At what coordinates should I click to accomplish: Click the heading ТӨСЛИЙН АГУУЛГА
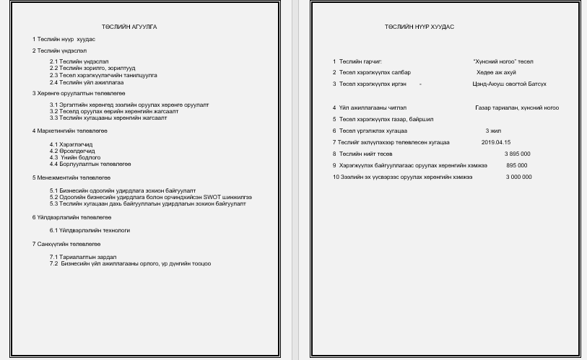coord(129,27)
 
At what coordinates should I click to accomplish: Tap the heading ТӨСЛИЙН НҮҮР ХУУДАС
coord(419,27)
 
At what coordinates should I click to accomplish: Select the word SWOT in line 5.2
coord(213,197)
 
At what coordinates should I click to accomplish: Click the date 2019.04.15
coord(495,142)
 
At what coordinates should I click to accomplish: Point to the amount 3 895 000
coord(517,154)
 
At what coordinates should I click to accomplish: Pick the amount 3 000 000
coord(518,177)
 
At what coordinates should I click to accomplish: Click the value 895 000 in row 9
coord(516,165)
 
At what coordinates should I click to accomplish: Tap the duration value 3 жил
coord(493,131)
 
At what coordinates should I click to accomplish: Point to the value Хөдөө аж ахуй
coord(496,72)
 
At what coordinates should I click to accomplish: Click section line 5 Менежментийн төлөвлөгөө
coord(71,177)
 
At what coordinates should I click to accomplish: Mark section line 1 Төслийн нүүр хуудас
coord(64,39)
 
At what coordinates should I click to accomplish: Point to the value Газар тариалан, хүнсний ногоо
coord(516,107)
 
